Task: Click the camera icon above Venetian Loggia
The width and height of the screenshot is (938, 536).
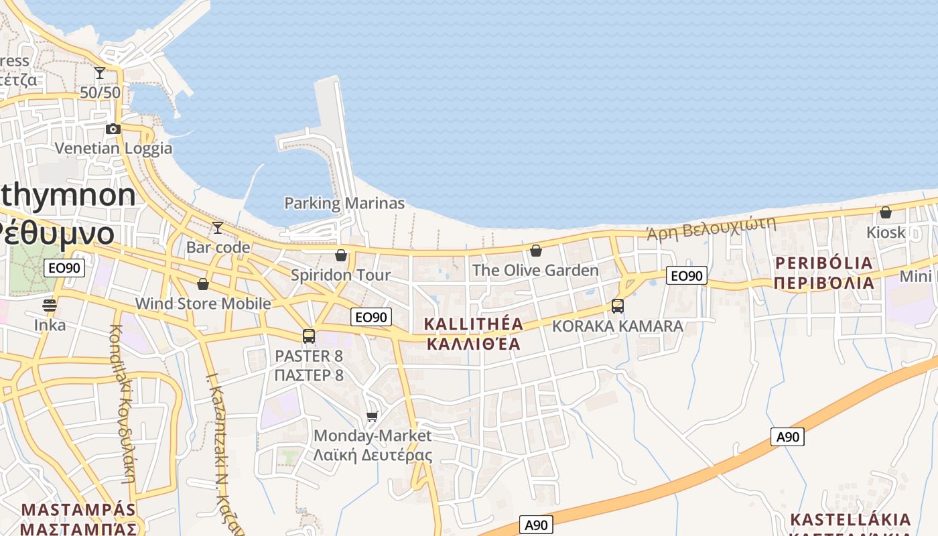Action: point(113,129)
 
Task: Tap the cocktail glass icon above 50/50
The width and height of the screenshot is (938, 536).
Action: point(100,72)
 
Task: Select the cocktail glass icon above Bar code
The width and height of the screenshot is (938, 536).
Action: point(217,228)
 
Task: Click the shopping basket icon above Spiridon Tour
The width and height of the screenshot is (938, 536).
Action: point(340,255)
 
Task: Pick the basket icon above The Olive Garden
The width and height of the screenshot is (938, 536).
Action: point(535,251)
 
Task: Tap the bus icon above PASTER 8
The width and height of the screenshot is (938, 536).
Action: point(308,336)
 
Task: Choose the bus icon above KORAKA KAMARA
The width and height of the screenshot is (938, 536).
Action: point(617,306)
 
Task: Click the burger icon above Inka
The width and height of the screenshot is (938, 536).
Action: point(50,306)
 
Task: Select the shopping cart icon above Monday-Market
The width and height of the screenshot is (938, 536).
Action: point(373,416)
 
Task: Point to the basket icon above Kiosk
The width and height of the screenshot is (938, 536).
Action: point(885,212)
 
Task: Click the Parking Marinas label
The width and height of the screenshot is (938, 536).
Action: point(344,203)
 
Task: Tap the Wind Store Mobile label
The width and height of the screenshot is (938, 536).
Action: point(203,304)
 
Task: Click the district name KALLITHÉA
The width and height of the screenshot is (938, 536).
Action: point(474,324)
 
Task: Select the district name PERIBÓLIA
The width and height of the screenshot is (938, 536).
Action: point(823,263)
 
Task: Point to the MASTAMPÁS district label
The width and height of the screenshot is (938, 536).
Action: point(78,510)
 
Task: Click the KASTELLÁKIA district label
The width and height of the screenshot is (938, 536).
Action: point(850,519)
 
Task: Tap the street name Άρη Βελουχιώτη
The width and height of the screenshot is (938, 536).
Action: point(711,227)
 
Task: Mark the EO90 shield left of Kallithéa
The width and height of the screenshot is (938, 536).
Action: point(371,317)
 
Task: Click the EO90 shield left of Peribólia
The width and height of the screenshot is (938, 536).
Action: point(687,275)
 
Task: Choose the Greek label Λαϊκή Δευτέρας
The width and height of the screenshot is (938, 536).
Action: point(373,456)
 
